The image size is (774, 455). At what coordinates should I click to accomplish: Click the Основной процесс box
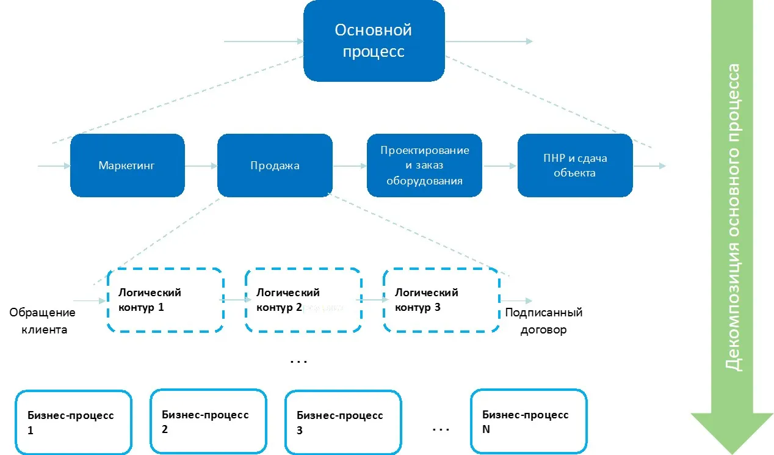tap(374, 42)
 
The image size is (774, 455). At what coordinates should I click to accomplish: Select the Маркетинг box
tap(127, 166)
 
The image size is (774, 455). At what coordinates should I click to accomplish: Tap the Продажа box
tap(275, 166)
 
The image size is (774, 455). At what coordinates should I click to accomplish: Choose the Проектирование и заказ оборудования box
tap(424, 166)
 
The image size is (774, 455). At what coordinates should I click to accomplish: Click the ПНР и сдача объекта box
tap(574, 166)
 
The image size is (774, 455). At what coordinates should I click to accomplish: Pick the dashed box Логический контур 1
tap(164, 300)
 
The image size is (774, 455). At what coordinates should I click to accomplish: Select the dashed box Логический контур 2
tap(303, 300)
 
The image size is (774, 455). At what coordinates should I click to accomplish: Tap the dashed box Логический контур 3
tap(441, 300)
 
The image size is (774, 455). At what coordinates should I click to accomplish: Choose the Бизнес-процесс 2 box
tap(208, 421)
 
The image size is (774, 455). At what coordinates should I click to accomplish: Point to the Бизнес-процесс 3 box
tap(342, 422)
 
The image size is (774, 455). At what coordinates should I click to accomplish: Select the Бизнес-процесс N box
tap(528, 421)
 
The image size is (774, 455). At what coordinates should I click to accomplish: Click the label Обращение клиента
tap(42, 321)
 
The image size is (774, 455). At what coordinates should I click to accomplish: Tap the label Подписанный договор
tap(544, 321)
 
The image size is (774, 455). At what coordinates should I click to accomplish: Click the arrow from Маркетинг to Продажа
tap(201, 166)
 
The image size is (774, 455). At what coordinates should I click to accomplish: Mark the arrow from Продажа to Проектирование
tap(350, 166)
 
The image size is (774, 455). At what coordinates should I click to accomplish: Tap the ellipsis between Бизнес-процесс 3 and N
tap(440, 430)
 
